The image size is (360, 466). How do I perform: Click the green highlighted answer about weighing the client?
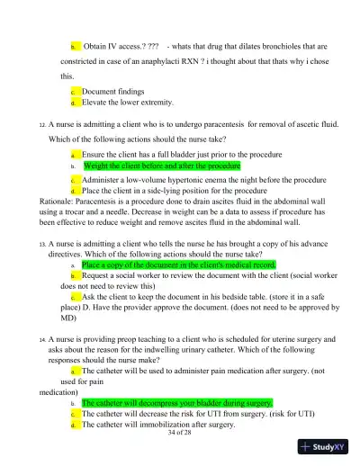click(159, 166)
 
